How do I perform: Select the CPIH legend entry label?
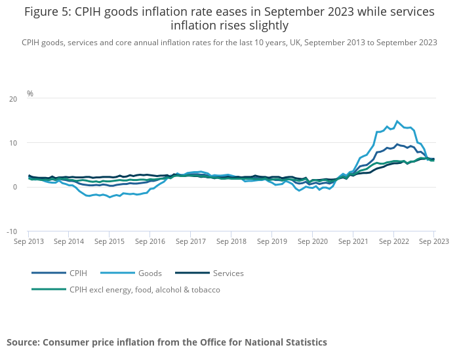point(77,273)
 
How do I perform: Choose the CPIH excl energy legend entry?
point(144,289)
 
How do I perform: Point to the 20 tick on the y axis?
point(13,99)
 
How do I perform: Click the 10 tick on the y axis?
point(13,143)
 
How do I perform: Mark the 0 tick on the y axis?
point(15,188)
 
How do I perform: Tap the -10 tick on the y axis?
point(12,231)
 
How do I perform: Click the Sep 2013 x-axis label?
point(29,241)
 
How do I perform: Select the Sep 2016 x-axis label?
point(150,241)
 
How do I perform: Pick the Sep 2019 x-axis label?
point(272,241)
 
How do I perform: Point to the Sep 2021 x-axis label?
point(353,241)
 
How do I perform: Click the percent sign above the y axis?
point(30,94)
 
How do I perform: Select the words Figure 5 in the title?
point(49,12)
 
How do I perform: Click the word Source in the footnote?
point(24,342)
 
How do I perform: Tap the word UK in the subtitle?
point(296,43)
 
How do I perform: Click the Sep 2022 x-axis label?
point(393,241)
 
